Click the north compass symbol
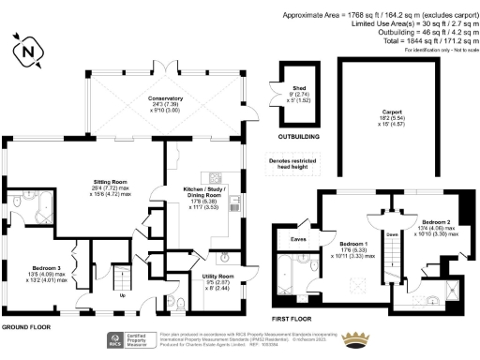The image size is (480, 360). [26, 50]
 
